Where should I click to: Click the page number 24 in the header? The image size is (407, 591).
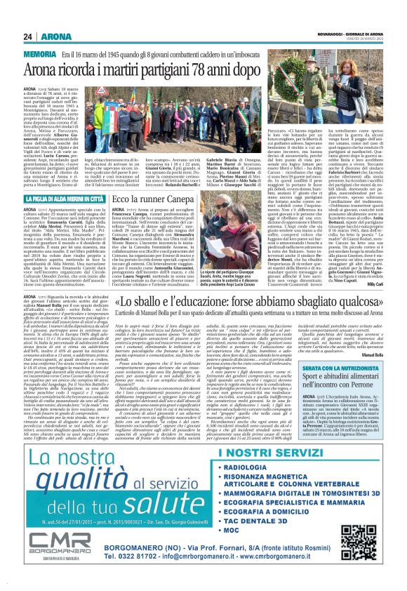28,35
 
